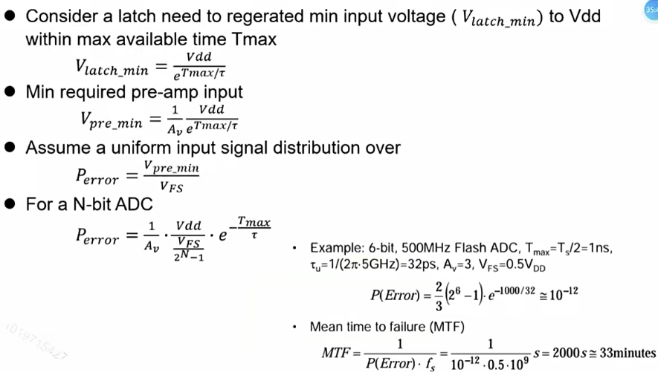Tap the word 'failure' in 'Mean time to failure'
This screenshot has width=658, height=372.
(425, 327)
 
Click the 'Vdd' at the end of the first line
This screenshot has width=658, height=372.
(584, 17)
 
